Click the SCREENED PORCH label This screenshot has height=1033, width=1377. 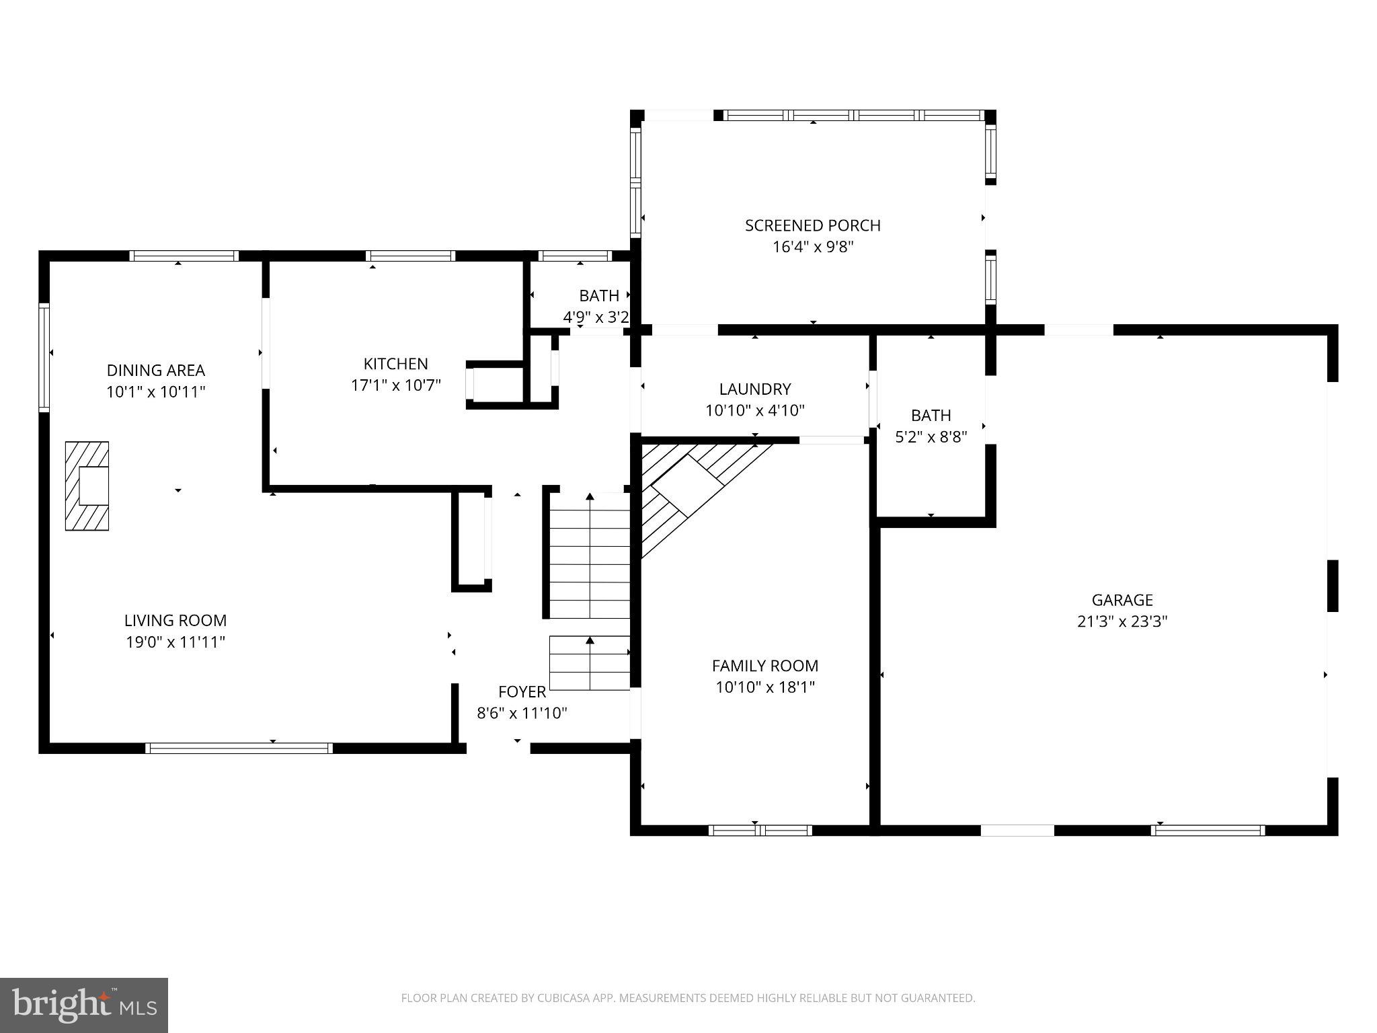point(812,225)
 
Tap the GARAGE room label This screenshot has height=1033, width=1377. point(1122,600)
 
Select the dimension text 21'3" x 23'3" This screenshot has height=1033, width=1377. point(1122,621)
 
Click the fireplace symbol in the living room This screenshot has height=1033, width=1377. point(87,486)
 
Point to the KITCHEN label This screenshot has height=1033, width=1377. point(395,364)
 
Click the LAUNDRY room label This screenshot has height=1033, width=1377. point(754,389)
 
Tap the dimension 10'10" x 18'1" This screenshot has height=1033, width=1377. point(765,687)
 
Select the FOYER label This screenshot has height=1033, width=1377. point(522,691)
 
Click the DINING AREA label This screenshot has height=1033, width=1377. point(155,370)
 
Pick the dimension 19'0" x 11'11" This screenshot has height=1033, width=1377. point(175,642)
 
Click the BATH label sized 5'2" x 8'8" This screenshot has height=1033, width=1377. point(931,415)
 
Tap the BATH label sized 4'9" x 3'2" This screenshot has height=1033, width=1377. point(598,295)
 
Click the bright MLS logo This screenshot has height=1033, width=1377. point(83,1005)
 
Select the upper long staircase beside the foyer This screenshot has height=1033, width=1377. point(590,555)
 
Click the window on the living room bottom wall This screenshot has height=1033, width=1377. point(239,748)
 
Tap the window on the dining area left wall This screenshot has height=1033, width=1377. point(44,356)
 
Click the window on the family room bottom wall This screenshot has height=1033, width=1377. point(760,831)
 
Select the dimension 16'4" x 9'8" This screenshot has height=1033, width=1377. point(812,247)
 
